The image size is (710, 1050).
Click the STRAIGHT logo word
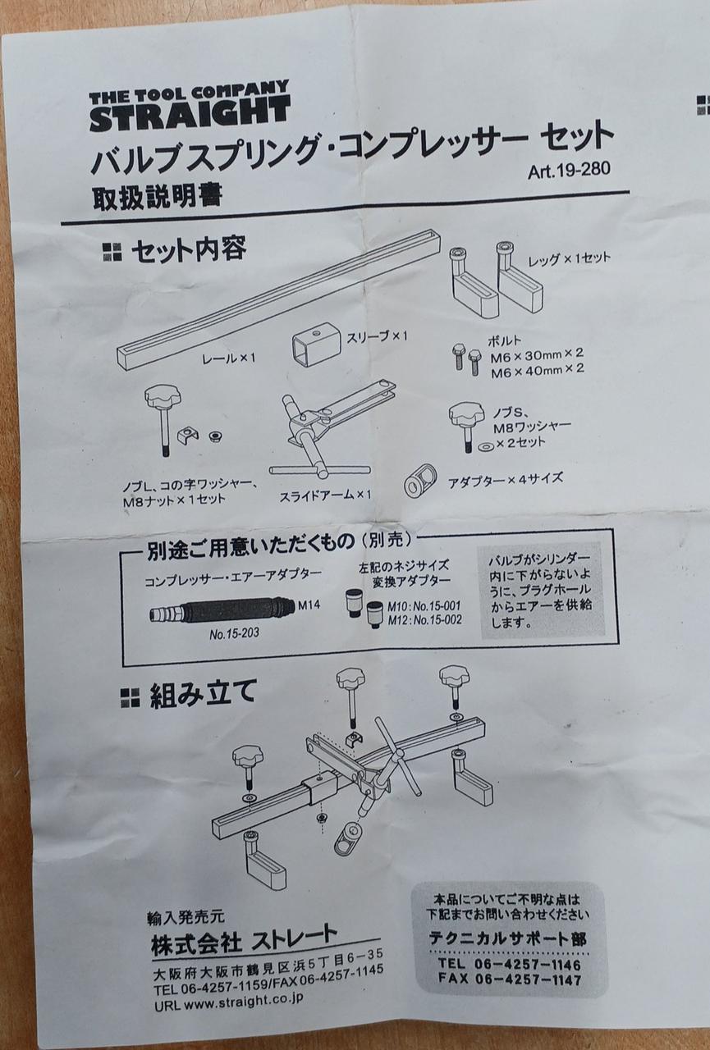pyautogui.click(x=190, y=114)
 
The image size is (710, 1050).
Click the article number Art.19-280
pyautogui.click(x=570, y=171)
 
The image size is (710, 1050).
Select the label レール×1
pyautogui.click(x=229, y=358)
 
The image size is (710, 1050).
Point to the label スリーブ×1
pyautogui.click(x=377, y=336)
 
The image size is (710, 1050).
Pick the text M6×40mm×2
pyautogui.click(x=537, y=369)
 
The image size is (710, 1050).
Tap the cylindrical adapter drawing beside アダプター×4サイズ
pyautogui.click(x=419, y=480)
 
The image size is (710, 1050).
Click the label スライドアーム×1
pyautogui.click(x=325, y=495)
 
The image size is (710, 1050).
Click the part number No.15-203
pyautogui.click(x=234, y=634)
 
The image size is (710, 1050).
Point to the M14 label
pyautogui.click(x=309, y=605)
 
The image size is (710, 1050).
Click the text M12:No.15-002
pyautogui.click(x=424, y=620)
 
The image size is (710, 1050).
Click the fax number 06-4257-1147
pyautogui.click(x=528, y=979)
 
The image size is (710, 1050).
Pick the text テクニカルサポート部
pyautogui.click(x=507, y=937)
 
